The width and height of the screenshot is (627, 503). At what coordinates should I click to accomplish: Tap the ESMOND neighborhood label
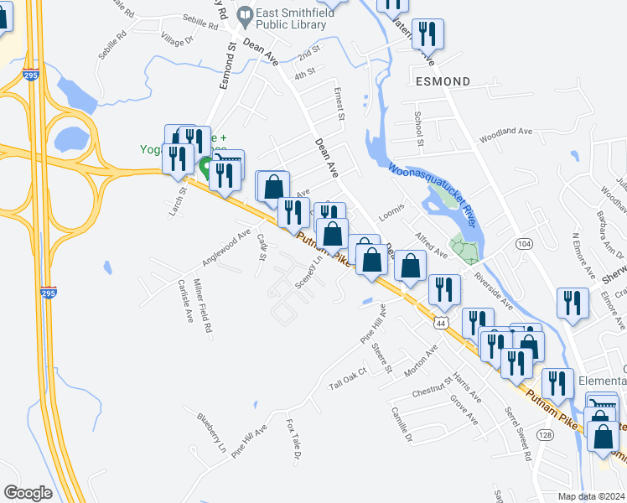(x=443, y=81)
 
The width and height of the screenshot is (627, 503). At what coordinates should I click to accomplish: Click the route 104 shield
(x=524, y=243)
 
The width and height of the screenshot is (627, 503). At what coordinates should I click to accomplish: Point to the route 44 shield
(x=441, y=322)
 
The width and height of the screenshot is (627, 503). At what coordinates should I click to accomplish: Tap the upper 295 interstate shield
(x=30, y=75)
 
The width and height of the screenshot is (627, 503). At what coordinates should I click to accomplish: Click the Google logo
(x=28, y=492)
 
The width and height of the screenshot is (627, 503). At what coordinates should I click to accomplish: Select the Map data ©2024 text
(x=590, y=496)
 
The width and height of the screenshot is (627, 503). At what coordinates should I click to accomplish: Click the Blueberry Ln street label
(x=211, y=433)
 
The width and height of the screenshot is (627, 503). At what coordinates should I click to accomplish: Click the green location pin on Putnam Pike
(x=206, y=167)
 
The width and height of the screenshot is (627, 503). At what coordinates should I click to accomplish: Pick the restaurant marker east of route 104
(x=573, y=303)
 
